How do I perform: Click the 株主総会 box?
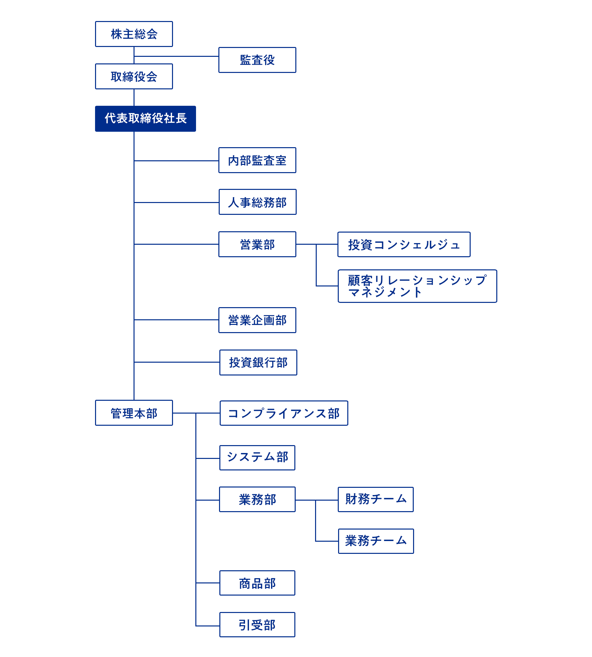coord(134,34)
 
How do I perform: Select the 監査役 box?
coord(257,60)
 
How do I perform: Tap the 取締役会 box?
coord(134,77)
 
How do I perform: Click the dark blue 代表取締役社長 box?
coord(145,119)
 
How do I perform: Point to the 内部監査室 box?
coord(257,160)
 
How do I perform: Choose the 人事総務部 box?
coord(258,202)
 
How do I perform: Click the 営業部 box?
coord(257,244)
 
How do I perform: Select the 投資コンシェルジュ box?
coord(404,244)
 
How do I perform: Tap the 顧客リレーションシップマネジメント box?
coord(417,286)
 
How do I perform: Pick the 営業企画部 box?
coord(257,320)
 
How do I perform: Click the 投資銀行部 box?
coord(258,362)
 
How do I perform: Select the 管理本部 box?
coord(134,413)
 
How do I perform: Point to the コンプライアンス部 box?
coord(284,413)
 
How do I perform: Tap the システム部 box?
coord(257,458)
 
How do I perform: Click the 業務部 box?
coord(257,499)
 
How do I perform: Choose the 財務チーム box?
coord(376,499)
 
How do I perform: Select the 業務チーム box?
coord(376,541)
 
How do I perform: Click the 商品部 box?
coord(257,583)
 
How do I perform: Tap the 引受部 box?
coord(257,625)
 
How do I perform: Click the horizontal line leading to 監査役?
coord(176,57)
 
